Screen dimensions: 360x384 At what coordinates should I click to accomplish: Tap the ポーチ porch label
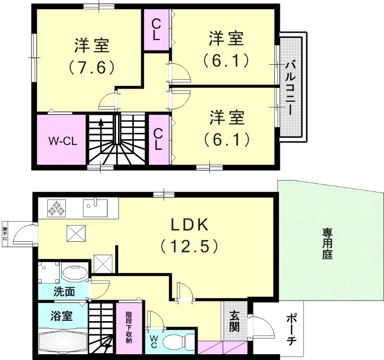[291, 329]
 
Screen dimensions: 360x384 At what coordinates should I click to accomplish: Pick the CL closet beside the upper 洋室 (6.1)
[157, 29]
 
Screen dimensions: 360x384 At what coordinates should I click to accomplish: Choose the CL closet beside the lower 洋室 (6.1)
[157, 139]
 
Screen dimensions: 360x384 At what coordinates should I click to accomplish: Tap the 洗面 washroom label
[63, 291]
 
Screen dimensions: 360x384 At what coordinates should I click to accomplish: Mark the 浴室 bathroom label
[61, 316]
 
